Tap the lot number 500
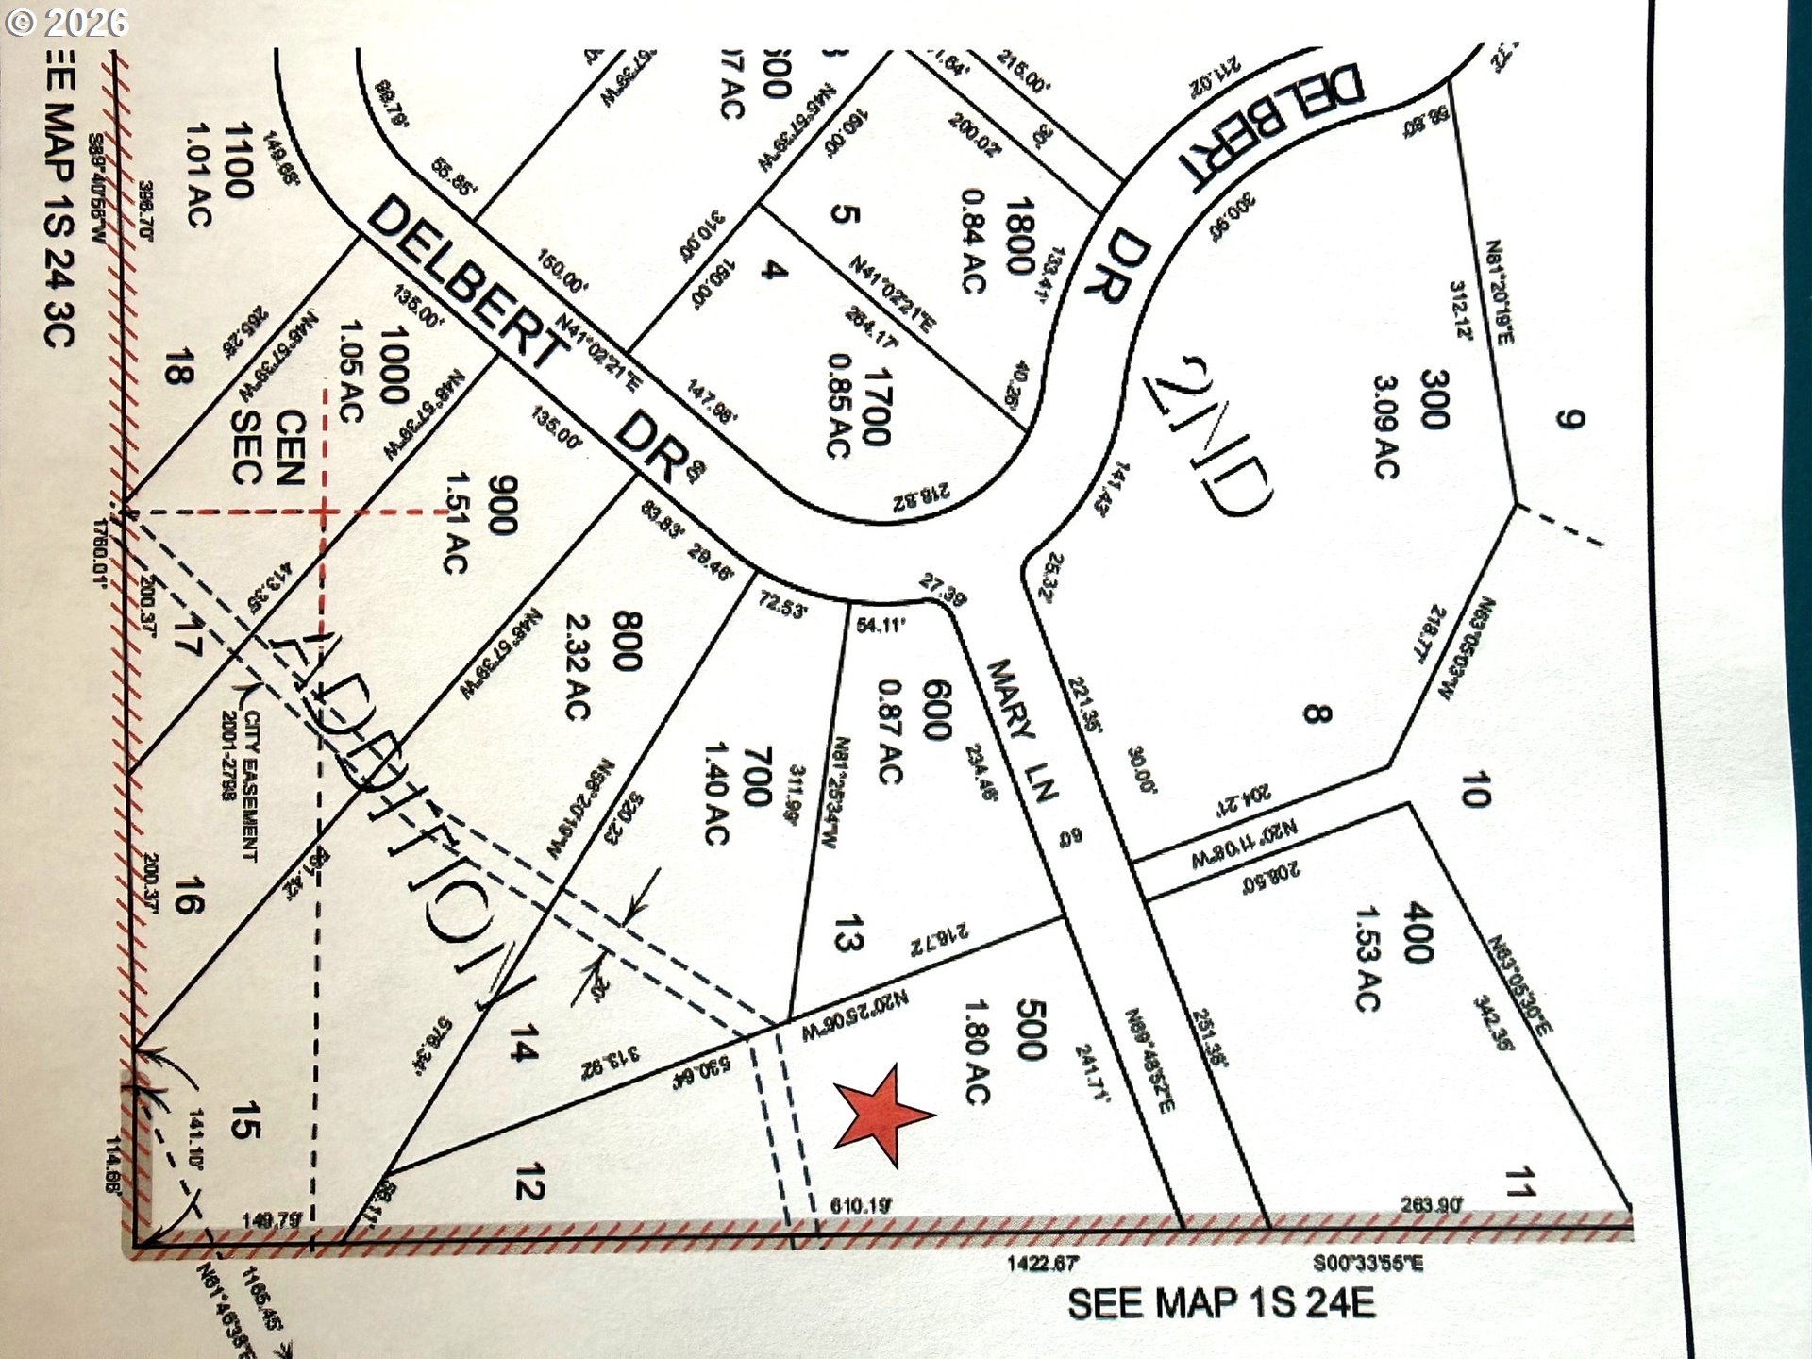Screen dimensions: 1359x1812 pyautogui.click(x=1031, y=1031)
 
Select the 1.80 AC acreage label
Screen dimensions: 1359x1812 pyautogui.click(x=978, y=1051)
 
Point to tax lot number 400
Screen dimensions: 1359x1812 pyautogui.click(x=1418, y=932)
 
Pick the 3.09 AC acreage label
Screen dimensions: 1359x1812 pyautogui.click(x=1385, y=427)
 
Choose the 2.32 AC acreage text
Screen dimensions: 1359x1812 pyautogui.click(x=578, y=667)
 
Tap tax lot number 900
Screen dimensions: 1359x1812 pyautogui.click(x=503, y=505)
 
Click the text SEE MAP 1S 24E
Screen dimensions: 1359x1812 pyautogui.click(x=1221, y=1304)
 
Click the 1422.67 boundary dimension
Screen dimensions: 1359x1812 pyautogui.click(x=1042, y=1263)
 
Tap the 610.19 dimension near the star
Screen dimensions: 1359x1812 pyautogui.click(x=861, y=1205)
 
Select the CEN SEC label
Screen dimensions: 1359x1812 pyautogui.click(x=269, y=448)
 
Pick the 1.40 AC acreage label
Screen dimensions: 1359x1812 pyautogui.click(x=716, y=793)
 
